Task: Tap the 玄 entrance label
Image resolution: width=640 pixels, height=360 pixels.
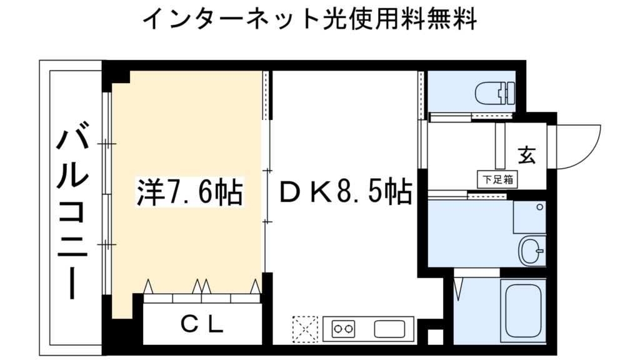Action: [x=526, y=154]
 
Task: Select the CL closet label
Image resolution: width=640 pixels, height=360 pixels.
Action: [x=202, y=324]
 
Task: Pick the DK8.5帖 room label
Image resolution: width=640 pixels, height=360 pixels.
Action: [x=344, y=192]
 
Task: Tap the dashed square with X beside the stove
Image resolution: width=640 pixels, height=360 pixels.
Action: [x=305, y=327]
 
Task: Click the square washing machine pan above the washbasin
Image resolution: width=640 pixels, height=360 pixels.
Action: [x=529, y=216]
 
